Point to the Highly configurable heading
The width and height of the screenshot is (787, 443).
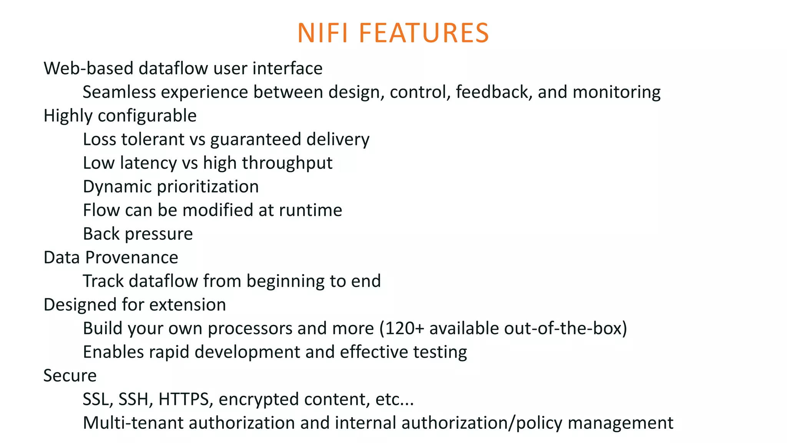click(x=120, y=116)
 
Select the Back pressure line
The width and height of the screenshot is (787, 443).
click(x=138, y=234)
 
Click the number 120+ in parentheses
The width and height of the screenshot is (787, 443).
click(x=404, y=328)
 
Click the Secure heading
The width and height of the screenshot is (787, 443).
click(x=70, y=376)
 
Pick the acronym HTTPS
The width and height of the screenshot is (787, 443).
click(x=183, y=399)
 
